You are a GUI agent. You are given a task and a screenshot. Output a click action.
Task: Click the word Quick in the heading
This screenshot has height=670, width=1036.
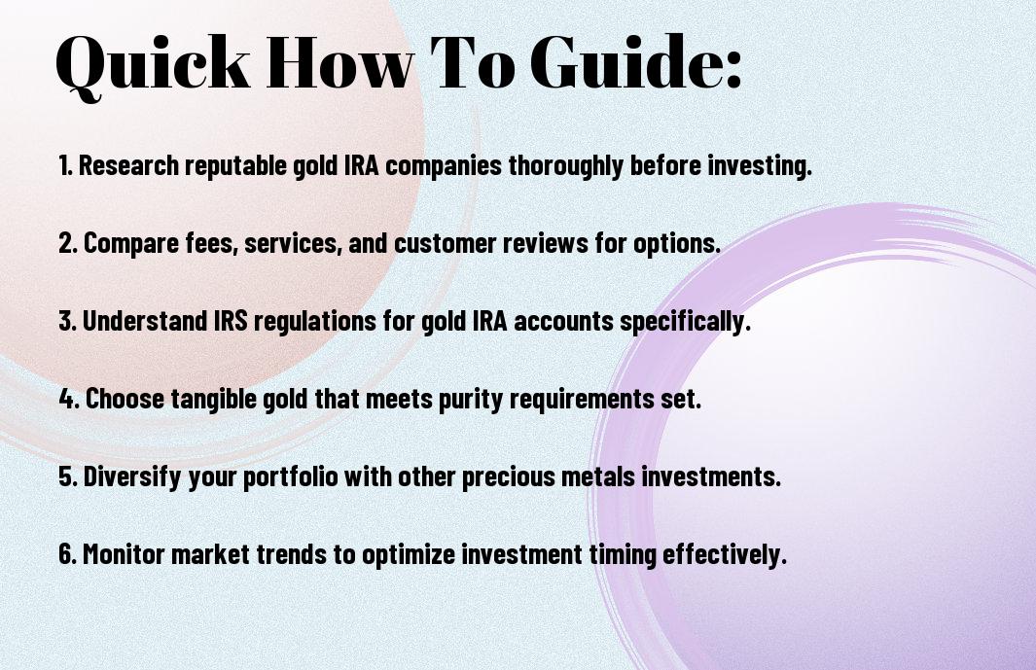click(153, 63)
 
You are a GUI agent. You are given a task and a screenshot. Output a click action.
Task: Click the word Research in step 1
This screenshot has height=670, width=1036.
click(128, 165)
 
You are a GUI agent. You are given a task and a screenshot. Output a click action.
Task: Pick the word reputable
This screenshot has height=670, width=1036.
click(236, 166)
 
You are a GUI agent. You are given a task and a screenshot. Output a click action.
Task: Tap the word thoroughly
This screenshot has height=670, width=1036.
click(565, 166)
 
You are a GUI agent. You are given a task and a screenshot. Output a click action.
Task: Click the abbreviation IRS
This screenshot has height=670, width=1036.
click(231, 321)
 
